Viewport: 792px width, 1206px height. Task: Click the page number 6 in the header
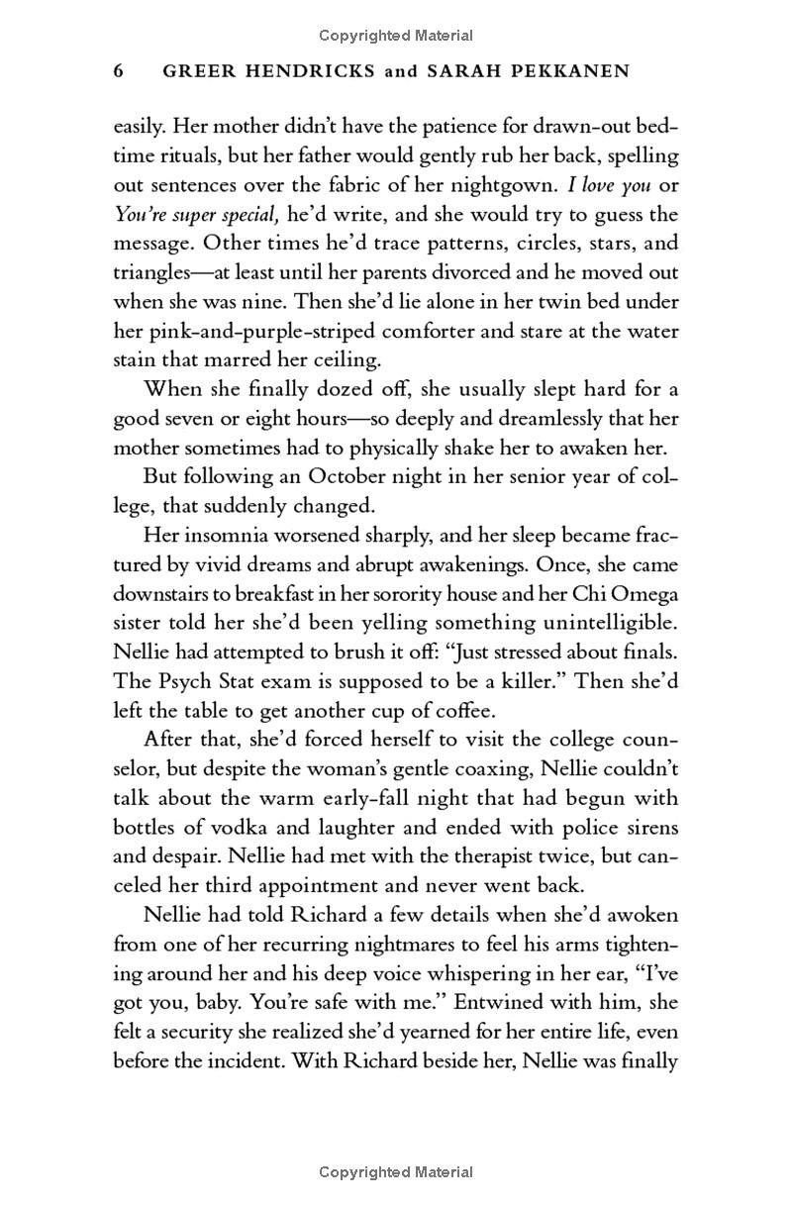pos(120,71)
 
